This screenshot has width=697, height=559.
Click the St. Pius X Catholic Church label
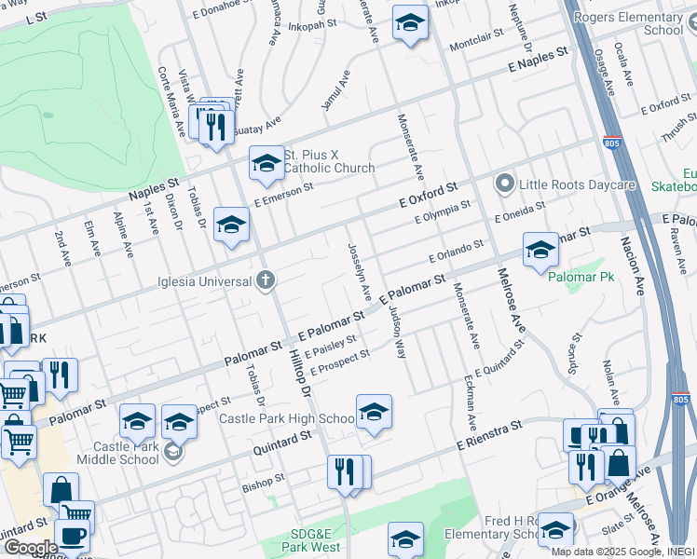coord(329,161)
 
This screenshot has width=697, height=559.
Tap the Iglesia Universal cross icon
coord(266,280)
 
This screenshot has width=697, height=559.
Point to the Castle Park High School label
coord(287,419)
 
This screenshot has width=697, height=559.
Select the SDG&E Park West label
coord(319,539)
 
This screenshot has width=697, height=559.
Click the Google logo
coord(31,548)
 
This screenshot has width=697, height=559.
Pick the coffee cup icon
coord(72,536)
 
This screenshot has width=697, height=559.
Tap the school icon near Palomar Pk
coord(540,250)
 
